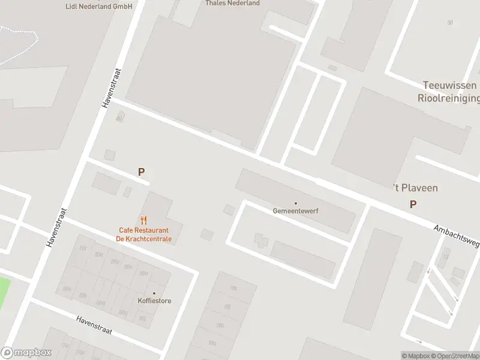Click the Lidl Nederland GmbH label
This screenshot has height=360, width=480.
click(x=99, y=6)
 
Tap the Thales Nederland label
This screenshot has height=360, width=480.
click(x=233, y=3)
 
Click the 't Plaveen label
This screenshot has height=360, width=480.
click(x=415, y=188)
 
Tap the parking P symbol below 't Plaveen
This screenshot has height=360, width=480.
click(x=413, y=205)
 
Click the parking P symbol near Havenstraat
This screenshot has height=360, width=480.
click(x=142, y=172)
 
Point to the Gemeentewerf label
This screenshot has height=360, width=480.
click(x=295, y=211)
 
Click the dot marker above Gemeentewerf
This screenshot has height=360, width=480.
click(x=295, y=203)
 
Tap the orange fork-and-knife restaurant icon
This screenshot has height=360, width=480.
click(x=143, y=220)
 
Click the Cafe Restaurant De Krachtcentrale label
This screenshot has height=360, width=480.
click(x=144, y=235)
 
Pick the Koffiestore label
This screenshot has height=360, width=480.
click(x=154, y=301)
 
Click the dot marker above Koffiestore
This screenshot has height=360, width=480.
click(x=154, y=293)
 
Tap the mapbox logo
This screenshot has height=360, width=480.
click(x=26, y=353)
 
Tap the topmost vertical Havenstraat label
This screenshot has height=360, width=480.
click(x=109, y=88)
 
